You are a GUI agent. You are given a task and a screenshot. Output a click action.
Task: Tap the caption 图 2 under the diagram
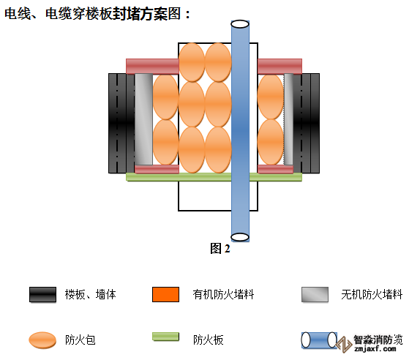point(220,248)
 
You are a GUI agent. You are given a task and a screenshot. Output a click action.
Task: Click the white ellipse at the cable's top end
point(240,24)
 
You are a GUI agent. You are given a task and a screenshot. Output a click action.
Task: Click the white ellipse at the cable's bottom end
point(240,237)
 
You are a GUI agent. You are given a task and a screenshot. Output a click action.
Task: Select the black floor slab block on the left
point(121,123)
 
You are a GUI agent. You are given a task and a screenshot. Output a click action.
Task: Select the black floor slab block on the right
point(306,123)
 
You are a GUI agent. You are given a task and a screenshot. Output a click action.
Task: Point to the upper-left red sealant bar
point(152,67)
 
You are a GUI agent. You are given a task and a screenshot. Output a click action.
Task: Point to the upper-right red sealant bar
point(280,67)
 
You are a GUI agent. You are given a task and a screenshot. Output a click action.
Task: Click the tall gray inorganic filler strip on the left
point(144,119)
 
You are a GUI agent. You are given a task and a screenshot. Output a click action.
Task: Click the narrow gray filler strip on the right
point(288,119)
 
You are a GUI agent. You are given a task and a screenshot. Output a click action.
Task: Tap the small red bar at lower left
point(157,169)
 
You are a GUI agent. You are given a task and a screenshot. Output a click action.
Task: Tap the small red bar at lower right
point(275,169)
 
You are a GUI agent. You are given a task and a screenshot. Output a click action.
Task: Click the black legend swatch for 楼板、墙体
point(43,295)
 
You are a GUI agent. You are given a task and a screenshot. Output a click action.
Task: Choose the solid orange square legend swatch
point(165,295)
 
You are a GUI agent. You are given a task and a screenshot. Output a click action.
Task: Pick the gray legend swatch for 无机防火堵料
point(315,295)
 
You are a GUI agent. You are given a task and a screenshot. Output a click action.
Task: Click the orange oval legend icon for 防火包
point(42,340)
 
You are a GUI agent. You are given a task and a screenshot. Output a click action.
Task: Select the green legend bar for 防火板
point(165,337)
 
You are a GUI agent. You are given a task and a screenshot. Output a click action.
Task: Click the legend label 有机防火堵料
point(223,295)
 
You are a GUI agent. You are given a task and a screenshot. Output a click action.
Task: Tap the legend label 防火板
point(209,340)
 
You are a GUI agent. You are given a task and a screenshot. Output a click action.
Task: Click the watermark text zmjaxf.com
point(375,349)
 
